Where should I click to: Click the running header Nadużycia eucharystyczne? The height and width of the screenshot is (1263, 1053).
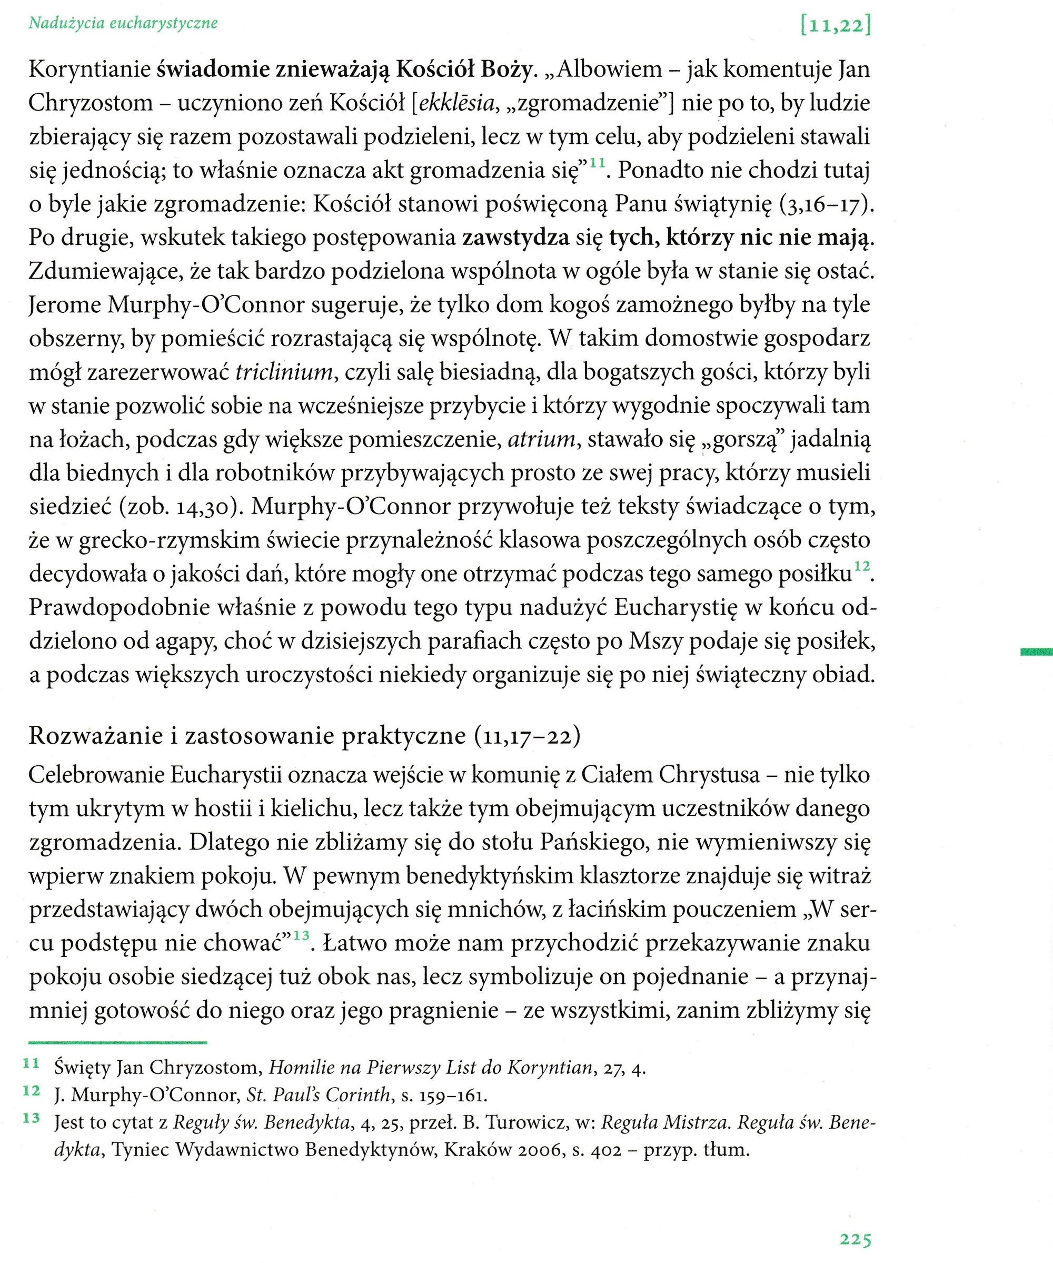click(x=123, y=24)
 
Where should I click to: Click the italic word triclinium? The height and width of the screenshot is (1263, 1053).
click(x=284, y=373)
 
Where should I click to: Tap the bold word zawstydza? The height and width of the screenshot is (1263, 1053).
click(x=515, y=239)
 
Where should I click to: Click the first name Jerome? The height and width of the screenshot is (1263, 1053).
click(x=64, y=305)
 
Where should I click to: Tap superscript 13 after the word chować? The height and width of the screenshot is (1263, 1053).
click(x=301, y=935)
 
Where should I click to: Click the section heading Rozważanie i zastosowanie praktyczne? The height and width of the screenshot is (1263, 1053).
click(x=247, y=736)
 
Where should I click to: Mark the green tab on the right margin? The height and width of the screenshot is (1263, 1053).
click(x=1036, y=651)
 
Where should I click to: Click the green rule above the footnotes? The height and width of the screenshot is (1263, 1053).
click(x=118, y=1042)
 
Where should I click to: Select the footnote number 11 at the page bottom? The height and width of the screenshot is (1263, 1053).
click(x=31, y=1063)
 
